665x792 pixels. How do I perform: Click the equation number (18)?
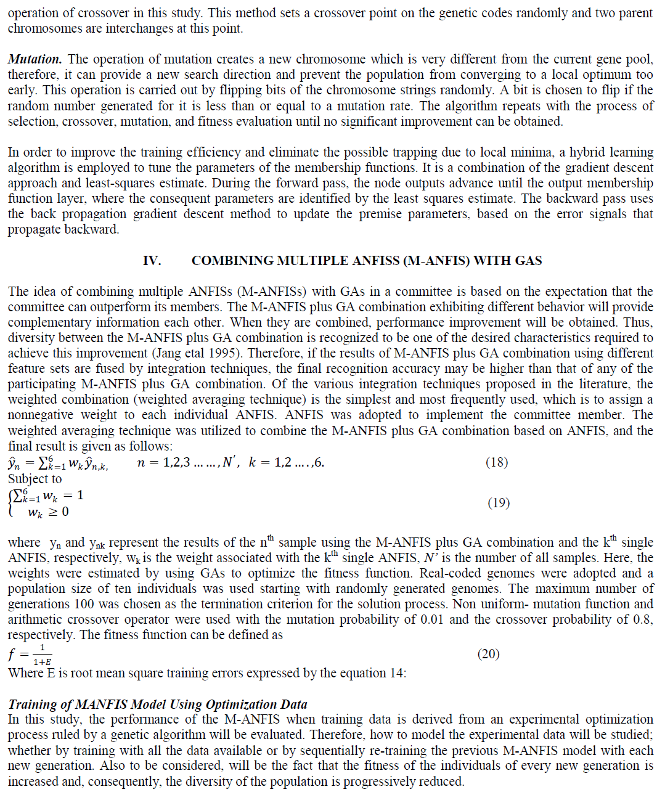497,462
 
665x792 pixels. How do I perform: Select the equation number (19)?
499,503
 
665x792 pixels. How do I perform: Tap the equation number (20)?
489,654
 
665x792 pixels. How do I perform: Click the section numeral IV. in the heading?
152,261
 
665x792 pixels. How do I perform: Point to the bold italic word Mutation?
35,59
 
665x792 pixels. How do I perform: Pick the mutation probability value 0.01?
431,619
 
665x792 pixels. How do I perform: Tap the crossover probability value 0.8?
643,619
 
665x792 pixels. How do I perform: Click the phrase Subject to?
35,479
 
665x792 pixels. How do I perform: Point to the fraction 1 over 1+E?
43,655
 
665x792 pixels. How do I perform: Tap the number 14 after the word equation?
396,673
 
